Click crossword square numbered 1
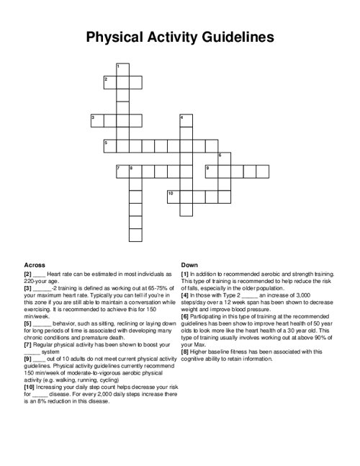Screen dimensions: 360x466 click(x=122, y=68)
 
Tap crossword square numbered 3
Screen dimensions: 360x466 click(x=96, y=120)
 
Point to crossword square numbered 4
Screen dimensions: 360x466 click(x=186, y=120)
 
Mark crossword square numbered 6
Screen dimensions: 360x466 click(x=224, y=158)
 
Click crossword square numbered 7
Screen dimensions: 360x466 click(x=122, y=171)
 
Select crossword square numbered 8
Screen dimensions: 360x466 click(x=135, y=171)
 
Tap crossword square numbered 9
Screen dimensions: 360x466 click(x=211, y=171)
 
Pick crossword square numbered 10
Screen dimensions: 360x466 click(x=173, y=197)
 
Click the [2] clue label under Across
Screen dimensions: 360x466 click(x=27, y=274)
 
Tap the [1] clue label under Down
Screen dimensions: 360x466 click(x=185, y=274)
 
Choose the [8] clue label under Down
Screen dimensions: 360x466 click(x=185, y=351)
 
